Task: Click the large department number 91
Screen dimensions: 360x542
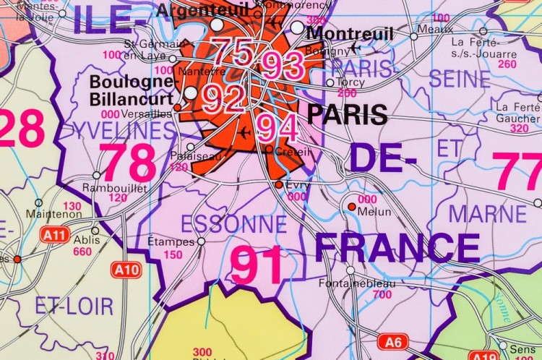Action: (257, 265)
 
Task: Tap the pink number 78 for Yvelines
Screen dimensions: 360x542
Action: (127, 162)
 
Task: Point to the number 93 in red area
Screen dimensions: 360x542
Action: (283, 66)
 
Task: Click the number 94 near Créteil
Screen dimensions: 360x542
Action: (277, 128)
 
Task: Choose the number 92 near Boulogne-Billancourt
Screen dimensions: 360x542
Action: (223, 98)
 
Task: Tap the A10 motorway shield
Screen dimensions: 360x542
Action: (126, 270)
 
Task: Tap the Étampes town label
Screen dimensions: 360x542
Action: (171, 241)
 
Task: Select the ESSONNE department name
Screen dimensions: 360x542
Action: (223, 224)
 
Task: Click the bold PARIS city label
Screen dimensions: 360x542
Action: (347, 114)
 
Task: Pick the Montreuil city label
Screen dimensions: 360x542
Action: (350, 33)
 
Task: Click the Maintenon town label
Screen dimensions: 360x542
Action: (54, 215)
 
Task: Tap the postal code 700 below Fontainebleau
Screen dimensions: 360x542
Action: (382, 295)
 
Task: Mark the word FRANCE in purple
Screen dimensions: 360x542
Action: (397, 248)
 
